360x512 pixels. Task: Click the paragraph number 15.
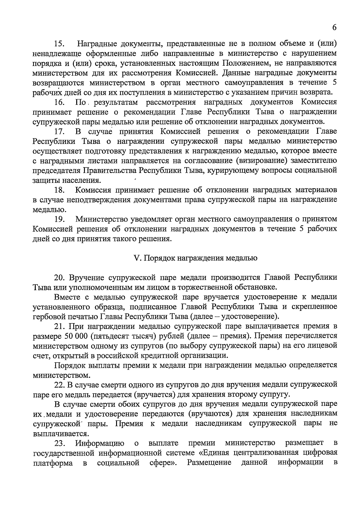(60, 44)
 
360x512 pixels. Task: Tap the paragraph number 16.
(60, 102)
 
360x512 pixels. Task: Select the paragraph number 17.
(60, 132)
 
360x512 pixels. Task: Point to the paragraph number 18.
(60, 190)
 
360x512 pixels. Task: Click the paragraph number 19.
(60, 219)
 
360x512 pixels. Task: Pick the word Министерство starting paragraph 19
(101, 219)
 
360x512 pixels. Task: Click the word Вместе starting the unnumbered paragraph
(67, 297)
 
